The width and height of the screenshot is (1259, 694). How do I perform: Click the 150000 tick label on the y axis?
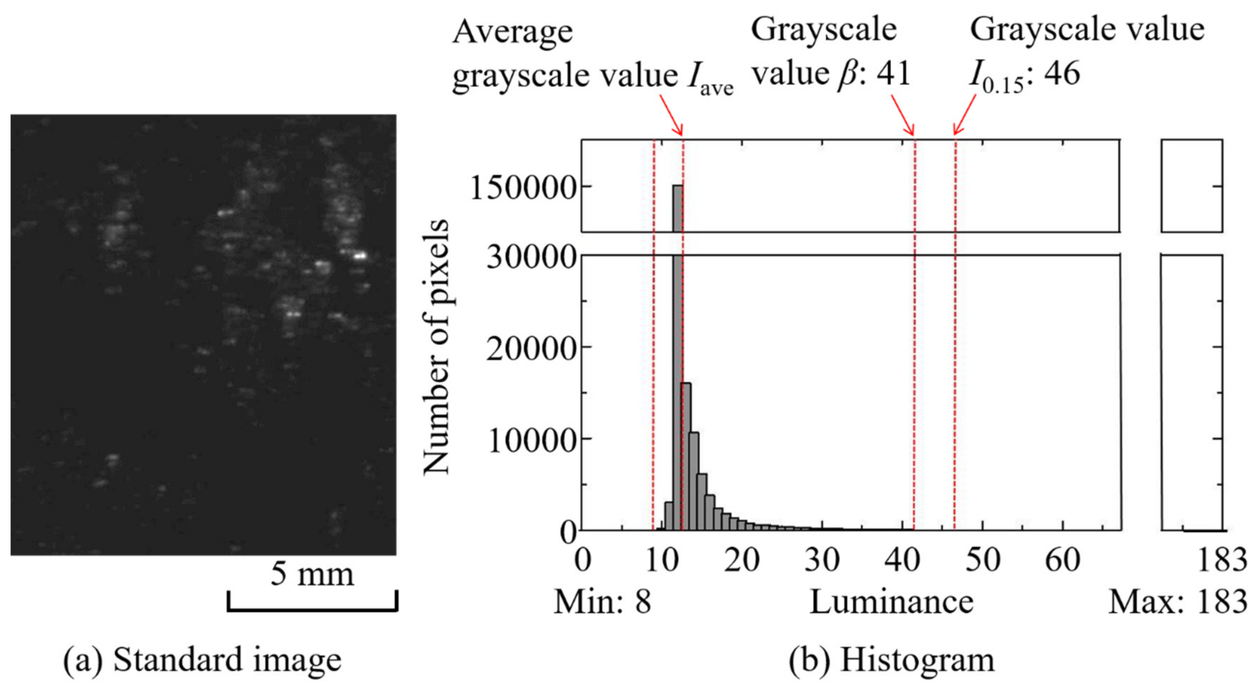pyautogui.click(x=522, y=188)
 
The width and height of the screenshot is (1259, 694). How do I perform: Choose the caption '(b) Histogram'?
pyautogui.click(x=892, y=660)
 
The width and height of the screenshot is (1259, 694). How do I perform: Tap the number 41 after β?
pyautogui.click(x=893, y=74)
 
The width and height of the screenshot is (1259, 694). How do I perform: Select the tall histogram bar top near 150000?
pyautogui.click(x=678, y=186)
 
